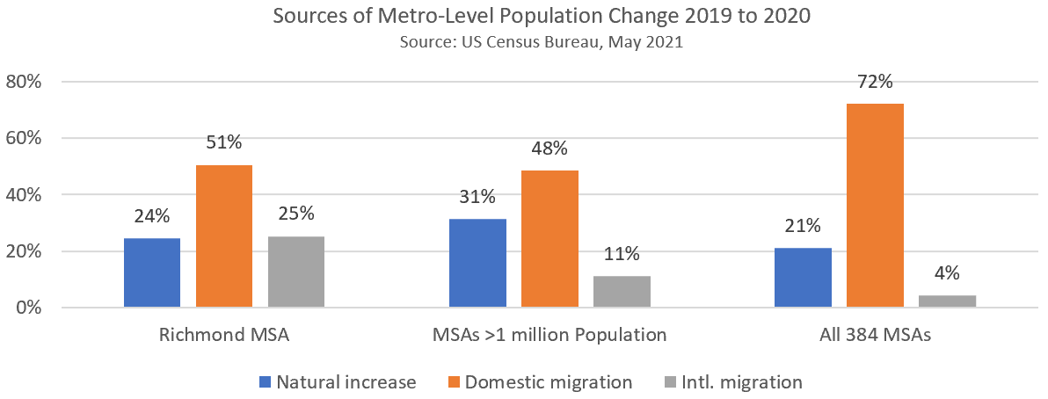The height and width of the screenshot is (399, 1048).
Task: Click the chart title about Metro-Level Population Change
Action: pos(524,16)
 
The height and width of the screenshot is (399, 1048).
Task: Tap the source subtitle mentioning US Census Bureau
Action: pos(524,40)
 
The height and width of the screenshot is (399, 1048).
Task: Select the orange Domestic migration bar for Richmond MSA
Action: pos(224,236)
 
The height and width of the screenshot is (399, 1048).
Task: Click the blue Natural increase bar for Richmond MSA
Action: pos(152,273)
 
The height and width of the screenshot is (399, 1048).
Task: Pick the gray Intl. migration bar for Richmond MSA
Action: pos(296,272)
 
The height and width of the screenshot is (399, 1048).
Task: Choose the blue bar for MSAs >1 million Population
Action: pos(477,264)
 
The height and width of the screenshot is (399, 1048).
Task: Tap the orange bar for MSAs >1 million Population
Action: pos(549,239)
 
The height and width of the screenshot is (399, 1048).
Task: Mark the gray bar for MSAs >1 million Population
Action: pos(622,292)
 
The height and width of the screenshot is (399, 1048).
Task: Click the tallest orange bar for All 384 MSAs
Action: pos(875,206)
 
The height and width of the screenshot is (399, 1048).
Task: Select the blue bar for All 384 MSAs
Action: pos(803,278)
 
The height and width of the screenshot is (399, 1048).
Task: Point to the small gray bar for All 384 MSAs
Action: pos(947,301)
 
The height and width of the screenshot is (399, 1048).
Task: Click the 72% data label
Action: pos(875,83)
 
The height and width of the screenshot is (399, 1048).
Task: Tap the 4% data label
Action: pos(947,274)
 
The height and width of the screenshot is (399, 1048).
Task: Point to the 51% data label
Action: pos(224,143)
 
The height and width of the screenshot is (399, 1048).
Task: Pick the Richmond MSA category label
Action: pos(224,335)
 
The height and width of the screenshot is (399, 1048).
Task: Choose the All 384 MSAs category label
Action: pos(875,335)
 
